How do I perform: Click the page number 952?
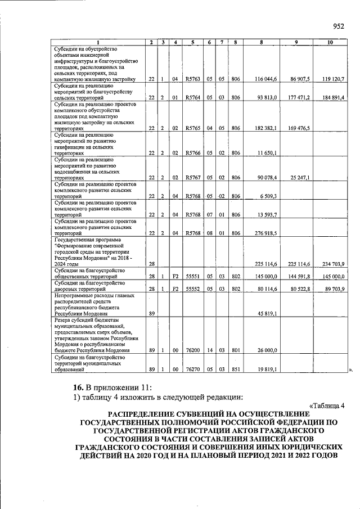click(x=338, y=26)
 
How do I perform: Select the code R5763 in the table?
click(x=192, y=79)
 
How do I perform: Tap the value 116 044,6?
click(x=265, y=79)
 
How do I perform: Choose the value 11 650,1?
click(x=268, y=153)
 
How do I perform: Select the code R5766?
click(x=192, y=153)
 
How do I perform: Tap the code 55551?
click(x=192, y=277)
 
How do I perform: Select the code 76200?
click(x=192, y=350)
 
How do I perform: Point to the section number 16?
click(x=79, y=387)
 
